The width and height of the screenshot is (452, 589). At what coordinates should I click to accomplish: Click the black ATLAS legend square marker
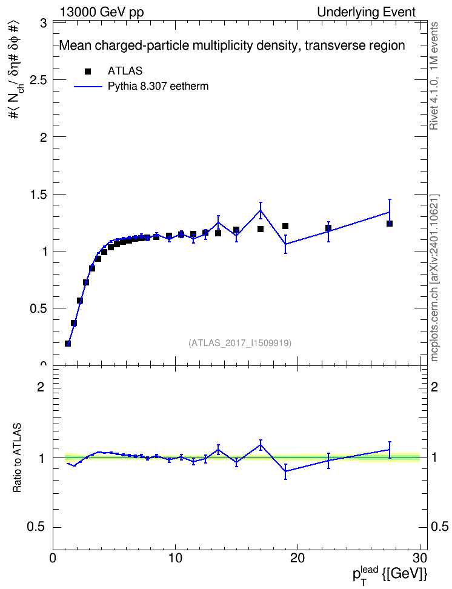88,72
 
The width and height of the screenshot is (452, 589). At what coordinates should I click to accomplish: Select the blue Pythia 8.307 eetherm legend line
88,87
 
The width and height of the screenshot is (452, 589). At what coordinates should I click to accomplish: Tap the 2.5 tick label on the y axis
38,81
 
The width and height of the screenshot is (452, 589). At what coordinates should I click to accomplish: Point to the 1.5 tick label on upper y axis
38,195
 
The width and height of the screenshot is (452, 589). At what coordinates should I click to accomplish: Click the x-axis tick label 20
297,558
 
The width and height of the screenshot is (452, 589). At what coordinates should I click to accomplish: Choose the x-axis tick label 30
420,558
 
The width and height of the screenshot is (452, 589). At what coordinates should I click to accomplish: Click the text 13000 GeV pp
101,12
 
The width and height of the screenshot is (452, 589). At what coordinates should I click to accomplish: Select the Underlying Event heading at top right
367,12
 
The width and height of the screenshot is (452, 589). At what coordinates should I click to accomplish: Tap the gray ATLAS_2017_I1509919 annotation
240,342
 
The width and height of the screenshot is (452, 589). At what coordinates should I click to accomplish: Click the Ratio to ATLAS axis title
17,458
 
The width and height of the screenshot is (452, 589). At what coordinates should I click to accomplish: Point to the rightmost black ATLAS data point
390,224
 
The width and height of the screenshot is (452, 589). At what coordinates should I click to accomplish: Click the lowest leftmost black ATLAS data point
68,344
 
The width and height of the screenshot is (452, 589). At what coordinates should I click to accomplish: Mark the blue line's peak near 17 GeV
261,210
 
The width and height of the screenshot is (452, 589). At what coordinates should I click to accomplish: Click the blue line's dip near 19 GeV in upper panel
285,244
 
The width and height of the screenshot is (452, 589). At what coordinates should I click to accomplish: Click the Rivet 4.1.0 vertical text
434,101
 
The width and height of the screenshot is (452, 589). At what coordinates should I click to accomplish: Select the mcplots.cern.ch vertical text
434,321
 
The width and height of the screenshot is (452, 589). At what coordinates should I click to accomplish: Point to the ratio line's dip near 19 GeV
285,471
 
